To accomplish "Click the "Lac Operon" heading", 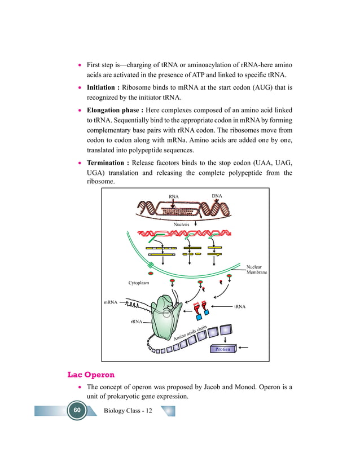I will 91,375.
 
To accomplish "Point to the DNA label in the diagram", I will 217,196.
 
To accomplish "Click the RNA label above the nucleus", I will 174,197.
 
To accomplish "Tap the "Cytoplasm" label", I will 139,282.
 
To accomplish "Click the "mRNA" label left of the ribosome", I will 111,303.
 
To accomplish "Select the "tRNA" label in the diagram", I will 240,307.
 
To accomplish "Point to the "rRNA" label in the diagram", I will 135,322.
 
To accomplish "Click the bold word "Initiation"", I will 102,88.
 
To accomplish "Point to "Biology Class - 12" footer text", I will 128,410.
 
